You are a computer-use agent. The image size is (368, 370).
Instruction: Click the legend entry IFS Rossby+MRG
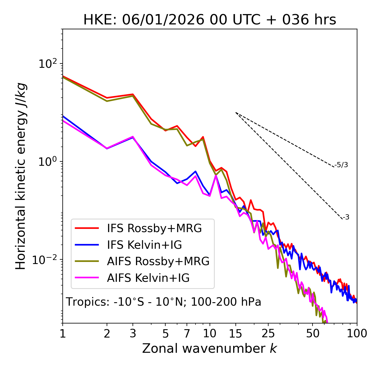click(x=154, y=228)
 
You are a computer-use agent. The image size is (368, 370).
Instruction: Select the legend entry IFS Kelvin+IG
click(x=144, y=245)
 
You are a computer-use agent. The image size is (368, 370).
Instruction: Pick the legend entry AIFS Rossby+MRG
click(x=158, y=261)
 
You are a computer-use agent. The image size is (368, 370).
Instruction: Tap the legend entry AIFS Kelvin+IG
click(x=148, y=278)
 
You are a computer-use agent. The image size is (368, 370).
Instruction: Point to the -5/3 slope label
click(x=341, y=165)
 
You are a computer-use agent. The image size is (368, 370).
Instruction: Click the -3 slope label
click(x=346, y=217)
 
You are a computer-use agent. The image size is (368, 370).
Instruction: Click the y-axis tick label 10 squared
click(x=48, y=64)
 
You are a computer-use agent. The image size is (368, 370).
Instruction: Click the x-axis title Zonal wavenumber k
click(x=210, y=349)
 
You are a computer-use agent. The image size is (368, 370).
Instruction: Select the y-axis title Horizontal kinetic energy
click(x=21, y=176)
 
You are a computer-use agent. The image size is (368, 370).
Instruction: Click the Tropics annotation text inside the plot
click(x=164, y=302)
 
